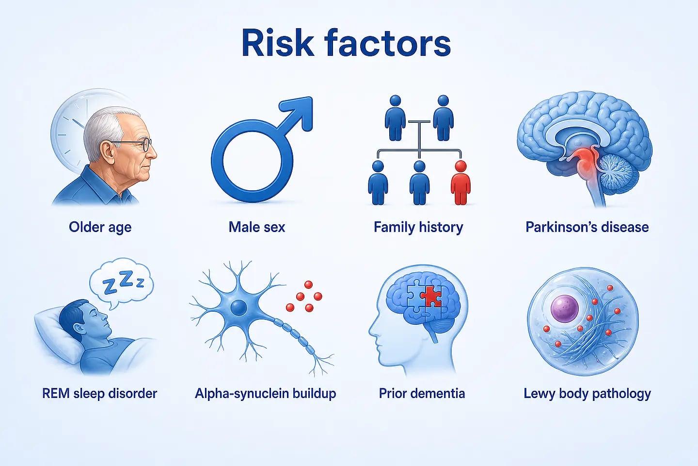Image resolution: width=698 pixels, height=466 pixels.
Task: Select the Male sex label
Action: [257, 227]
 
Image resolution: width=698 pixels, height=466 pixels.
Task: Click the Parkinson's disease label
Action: [587, 227]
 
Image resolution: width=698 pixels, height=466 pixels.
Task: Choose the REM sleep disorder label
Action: [99, 393]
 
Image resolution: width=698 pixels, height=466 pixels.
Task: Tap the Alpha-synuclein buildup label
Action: [266, 394]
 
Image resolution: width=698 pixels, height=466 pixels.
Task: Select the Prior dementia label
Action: [422, 393]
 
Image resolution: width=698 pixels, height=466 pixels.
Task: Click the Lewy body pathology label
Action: [587, 394]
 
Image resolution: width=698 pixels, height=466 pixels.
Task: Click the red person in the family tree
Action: [460, 183]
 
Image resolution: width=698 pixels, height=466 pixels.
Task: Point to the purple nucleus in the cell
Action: [565, 308]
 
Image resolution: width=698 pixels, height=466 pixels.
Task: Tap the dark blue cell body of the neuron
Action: [239, 307]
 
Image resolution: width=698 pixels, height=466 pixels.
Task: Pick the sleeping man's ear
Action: [78, 329]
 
